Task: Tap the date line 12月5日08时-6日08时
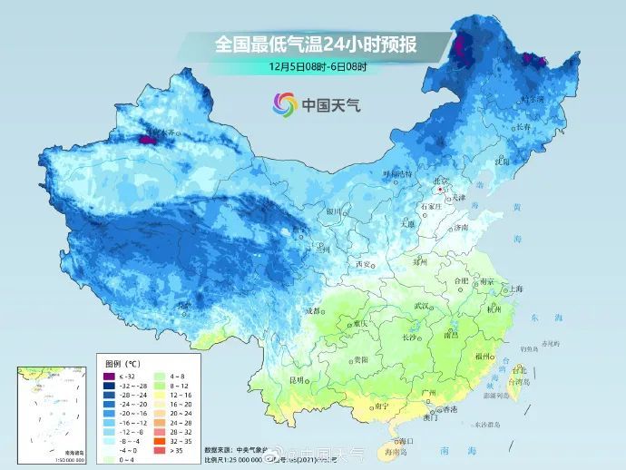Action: coord(318,66)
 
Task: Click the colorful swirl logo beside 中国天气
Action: coord(285,104)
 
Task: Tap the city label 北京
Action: coord(440,181)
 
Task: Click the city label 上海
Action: coord(516,289)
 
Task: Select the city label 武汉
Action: coord(422,306)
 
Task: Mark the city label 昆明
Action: coord(297,378)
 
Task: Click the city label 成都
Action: coord(313,310)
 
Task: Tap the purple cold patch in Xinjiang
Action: coord(149,141)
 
